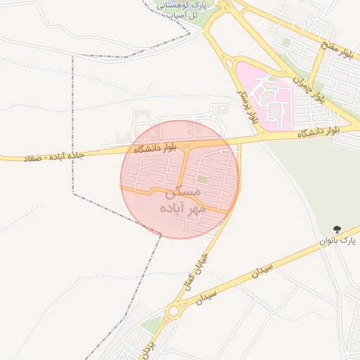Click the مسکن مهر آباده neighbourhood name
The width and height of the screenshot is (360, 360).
pyautogui.click(x=182, y=200)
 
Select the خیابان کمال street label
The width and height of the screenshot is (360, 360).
pyautogui.click(x=196, y=264)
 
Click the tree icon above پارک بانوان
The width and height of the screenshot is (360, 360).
pyautogui.click(x=337, y=229)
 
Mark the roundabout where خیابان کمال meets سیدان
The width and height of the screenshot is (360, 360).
pyautogui.click(x=174, y=311)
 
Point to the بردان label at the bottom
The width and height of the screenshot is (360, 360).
pyautogui.click(x=146, y=349)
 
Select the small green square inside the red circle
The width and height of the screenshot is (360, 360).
pyautogui.click(x=202, y=180)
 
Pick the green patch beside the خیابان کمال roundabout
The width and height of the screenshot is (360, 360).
pyautogui.click(x=151, y=325)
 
